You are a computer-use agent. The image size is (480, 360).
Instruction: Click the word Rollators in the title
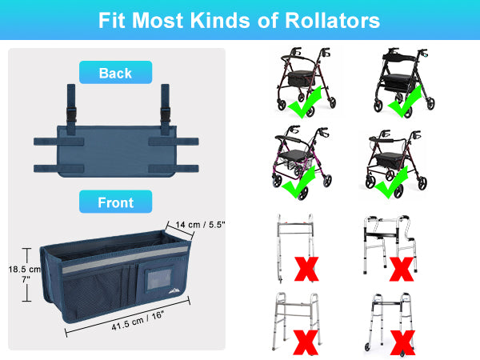tap(333, 21)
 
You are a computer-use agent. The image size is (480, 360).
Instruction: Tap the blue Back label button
tap(115, 73)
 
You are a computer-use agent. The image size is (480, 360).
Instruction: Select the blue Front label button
tap(115, 202)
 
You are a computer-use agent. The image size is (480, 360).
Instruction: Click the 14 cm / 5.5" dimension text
tap(200, 225)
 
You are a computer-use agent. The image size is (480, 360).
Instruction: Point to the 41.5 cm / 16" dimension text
tap(138, 320)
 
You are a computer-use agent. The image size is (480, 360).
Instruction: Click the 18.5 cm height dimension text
tap(25, 270)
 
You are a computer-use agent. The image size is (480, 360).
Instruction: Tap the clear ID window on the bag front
tap(159, 279)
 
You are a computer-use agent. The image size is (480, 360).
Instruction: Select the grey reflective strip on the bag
tap(125, 260)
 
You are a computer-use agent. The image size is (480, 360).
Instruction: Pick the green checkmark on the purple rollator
tap(298, 182)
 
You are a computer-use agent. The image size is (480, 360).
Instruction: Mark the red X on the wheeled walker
tap(403, 342)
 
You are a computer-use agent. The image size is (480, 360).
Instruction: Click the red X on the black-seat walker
tap(402, 269)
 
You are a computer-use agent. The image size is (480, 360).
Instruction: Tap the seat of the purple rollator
tap(292, 154)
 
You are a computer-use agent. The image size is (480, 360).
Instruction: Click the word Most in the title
tap(157, 21)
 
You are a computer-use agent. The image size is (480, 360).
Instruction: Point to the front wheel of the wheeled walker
tap(367, 347)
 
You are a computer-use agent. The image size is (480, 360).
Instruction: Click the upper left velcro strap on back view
tap(58, 142)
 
